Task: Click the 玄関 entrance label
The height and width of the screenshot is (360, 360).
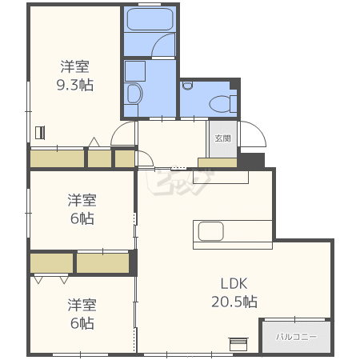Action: coord(222,138)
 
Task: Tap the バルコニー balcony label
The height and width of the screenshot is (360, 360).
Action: coord(296,337)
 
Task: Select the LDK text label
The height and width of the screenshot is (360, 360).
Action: coord(234,283)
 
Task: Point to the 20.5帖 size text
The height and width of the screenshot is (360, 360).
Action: coord(234,302)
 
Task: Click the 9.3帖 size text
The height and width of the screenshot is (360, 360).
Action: coord(75,85)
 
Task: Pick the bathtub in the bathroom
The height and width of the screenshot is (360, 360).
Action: coord(150,19)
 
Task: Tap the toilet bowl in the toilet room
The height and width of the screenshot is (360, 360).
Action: coord(220,103)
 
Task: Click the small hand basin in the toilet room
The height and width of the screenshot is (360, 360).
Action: coord(188,86)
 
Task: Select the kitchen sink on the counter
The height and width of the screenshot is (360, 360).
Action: coord(210,231)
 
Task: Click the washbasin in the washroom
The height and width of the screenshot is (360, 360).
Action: coord(134,94)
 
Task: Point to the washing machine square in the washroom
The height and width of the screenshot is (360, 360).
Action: coord(135,71)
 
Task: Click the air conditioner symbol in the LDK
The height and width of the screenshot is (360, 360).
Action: coord(238,344)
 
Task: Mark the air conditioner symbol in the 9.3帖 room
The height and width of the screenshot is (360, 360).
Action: coord(40,133)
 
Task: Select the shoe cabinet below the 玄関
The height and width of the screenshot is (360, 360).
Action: coord(218,162)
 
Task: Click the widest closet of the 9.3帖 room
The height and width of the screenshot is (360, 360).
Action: coord(58,159)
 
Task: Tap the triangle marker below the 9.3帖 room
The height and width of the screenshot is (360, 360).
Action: coord(94,142)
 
